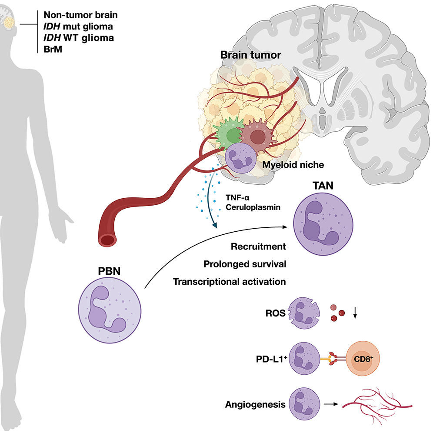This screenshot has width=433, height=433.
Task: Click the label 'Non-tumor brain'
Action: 81,16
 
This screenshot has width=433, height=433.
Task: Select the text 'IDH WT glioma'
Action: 79,38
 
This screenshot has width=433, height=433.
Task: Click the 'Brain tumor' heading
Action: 244,55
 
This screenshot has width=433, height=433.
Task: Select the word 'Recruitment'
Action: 259,247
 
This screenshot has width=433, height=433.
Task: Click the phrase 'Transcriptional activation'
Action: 229,281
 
